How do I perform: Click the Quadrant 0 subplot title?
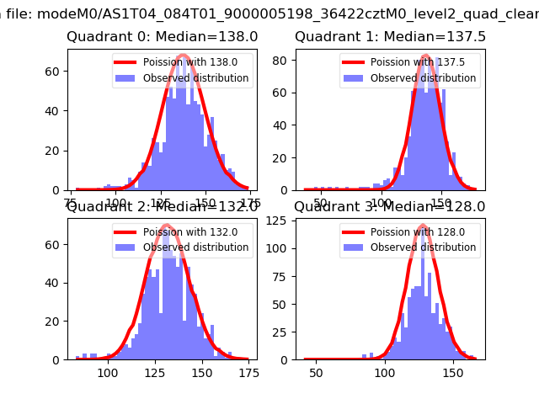coord(163,37)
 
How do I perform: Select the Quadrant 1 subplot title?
coord(390,37)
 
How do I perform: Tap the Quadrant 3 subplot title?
coord(390,206)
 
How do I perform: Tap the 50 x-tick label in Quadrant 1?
coord(320,203)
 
